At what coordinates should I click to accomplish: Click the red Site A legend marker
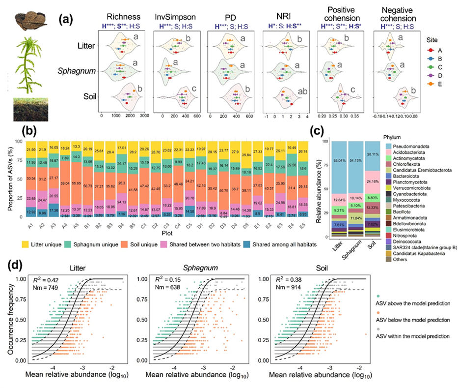(x=430, y=50)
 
